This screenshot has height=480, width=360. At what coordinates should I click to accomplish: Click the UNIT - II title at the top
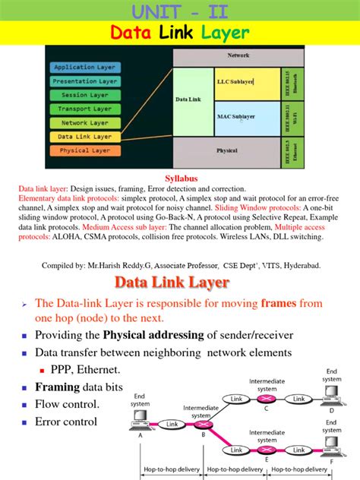(180, 11)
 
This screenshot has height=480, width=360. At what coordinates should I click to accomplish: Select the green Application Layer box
(85, 67)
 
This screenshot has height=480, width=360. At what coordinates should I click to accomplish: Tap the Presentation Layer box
(85, 81)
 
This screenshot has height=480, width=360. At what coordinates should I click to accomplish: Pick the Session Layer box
(85, 95)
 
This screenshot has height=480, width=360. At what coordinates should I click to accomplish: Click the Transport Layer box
(85, 109)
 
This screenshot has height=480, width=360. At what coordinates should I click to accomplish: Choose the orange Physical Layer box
(85, 150)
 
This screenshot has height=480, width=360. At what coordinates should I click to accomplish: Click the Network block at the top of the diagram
(238, 55)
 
